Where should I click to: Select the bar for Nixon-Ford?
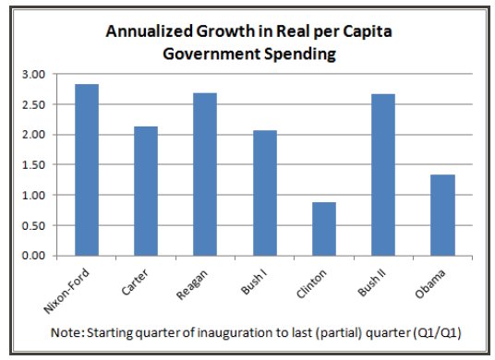pyautogui.click(x=87, y=170)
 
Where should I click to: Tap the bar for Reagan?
pyautogui.click(x=205, y=174)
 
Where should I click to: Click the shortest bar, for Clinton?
pyautogui.click(x=323, y=229)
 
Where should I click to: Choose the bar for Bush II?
pyautogui.click(x=382, y=174)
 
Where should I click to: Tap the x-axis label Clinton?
pyautogui.click(x=318, y=280)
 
